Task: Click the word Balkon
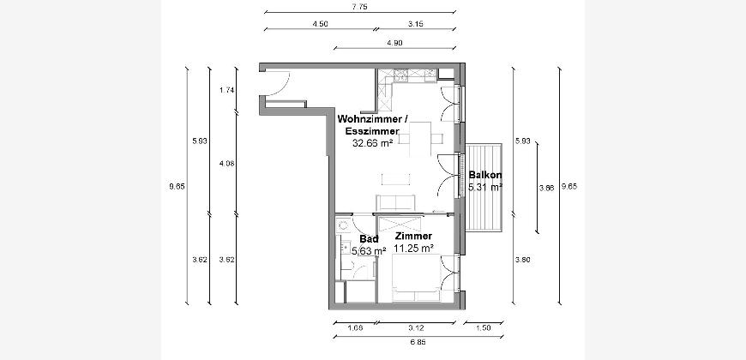point(484,175)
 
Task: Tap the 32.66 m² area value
point(372,142)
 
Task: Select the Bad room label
point(369,239)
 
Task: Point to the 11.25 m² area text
point(413,248)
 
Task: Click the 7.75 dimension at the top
point(360,7)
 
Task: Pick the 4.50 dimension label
point(320,23)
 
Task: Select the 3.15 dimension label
point(416,23)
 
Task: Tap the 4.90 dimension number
point(395,42)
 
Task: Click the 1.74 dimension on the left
point(226,90)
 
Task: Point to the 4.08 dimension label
point(226,163)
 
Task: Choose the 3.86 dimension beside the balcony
point(547,188)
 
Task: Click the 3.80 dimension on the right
point(522,260)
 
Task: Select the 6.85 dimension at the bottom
point(418,341)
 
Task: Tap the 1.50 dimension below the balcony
point(483,327)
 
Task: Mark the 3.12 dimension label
point(417,327)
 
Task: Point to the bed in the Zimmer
point(416,278)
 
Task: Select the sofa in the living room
point(396,202)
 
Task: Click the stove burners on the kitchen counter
point(400,74)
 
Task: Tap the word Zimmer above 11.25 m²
point(413,236)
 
